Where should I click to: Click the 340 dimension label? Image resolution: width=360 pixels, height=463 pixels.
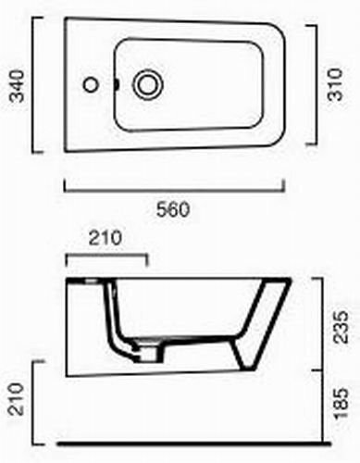coord(17,86)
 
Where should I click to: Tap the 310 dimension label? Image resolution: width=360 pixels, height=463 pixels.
coord(336,84)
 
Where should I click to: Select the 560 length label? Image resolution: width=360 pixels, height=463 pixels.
coord(173,210)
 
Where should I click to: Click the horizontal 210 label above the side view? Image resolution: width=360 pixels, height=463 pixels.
coord(106,238)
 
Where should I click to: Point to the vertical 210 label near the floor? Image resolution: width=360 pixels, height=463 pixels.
coord(16,398)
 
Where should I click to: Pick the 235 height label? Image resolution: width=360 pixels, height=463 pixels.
coord(341,327)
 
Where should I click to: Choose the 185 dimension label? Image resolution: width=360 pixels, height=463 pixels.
coord(341,403)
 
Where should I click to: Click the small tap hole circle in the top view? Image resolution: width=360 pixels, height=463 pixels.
coord(91,84)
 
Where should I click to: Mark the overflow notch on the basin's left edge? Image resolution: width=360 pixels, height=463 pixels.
coord(117,84)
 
